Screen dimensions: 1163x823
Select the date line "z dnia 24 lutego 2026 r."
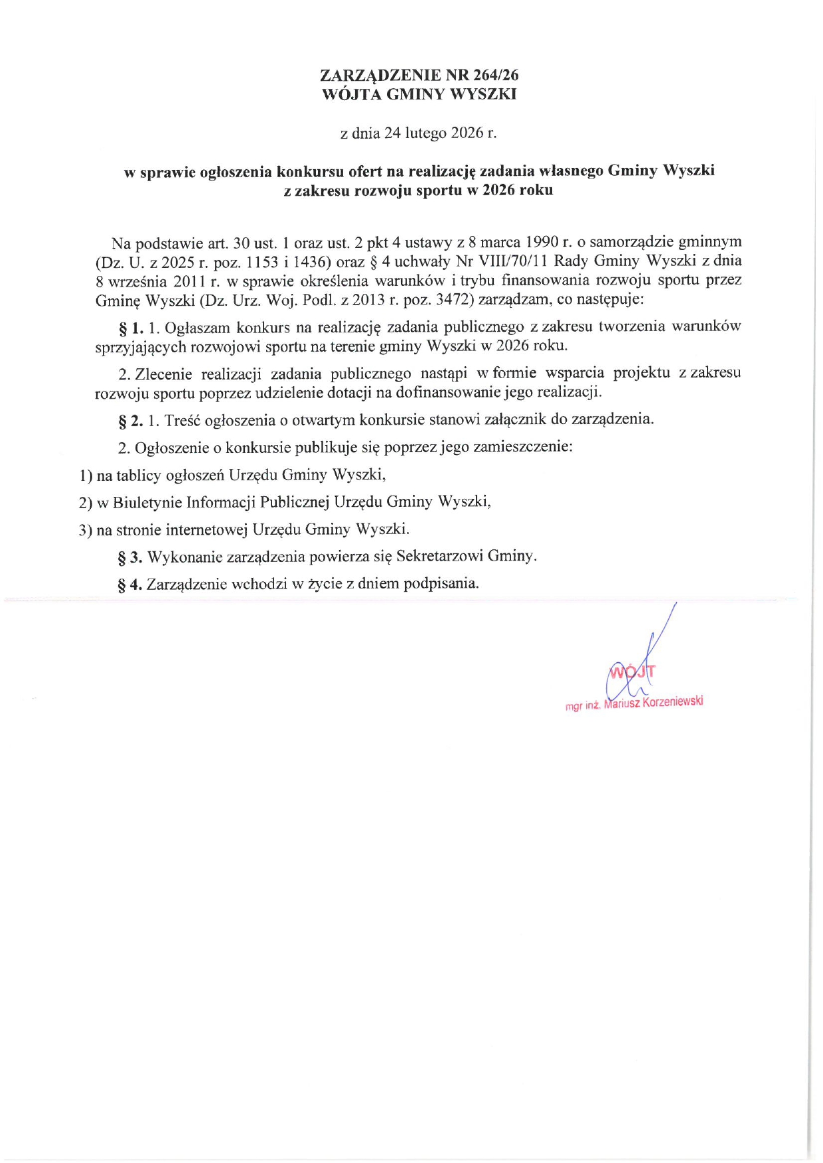(418, 133)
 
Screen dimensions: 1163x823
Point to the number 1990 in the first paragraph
(541, 241)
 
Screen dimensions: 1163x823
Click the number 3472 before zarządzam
(453, 299)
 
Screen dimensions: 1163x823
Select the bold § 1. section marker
(130, 328)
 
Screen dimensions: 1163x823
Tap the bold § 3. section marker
(130, 557)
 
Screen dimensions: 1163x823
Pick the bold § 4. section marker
(130, 584)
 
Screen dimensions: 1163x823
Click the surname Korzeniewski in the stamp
(672, 702)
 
